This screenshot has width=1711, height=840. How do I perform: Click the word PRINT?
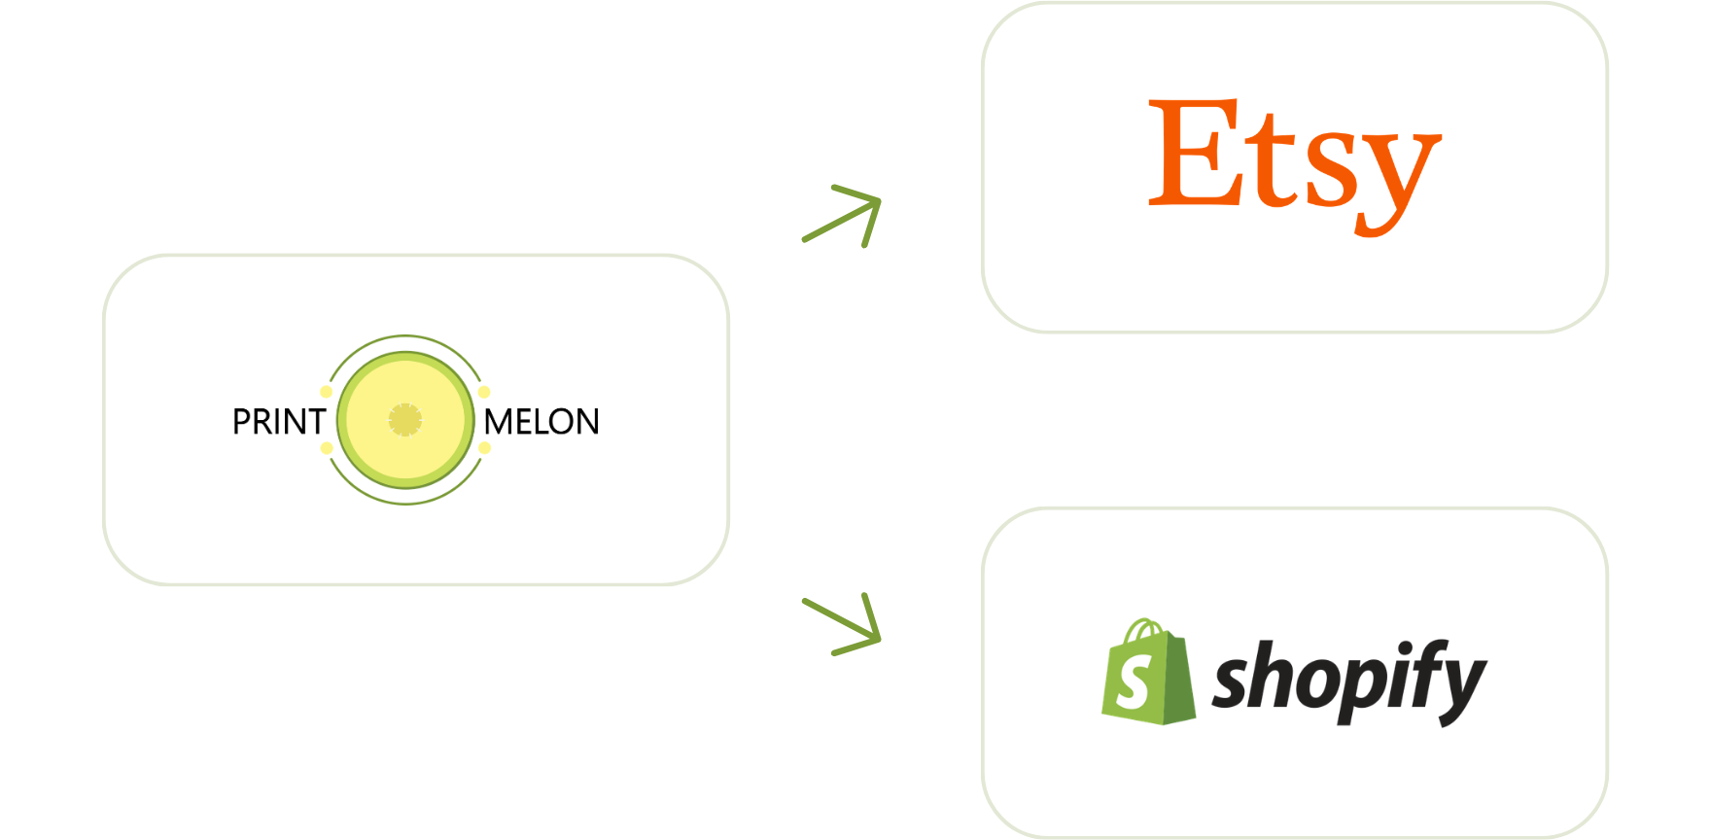pos(279,422)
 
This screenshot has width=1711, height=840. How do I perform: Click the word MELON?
pos(541,422)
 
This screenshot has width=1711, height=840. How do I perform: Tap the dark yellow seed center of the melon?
pos(405,420)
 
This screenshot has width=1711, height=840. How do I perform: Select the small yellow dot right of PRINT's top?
pos(327,392)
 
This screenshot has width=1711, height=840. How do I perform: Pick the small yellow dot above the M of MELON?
pos(484,392)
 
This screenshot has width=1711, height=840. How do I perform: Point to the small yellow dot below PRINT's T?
pos(327,448)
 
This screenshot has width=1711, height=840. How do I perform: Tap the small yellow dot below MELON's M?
pos(484,448)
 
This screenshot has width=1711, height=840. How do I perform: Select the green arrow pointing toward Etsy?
pos(842,216)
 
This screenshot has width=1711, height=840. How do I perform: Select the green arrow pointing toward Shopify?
pos(842,624)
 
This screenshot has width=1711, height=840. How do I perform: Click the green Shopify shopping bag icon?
pos(1148,672)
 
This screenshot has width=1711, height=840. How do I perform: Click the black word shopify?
pos(1350,682)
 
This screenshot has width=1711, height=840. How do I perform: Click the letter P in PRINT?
pos(242,422)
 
